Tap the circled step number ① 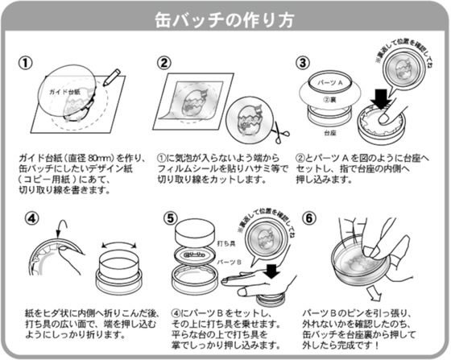coord(27,62)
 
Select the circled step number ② coord(164,62)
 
